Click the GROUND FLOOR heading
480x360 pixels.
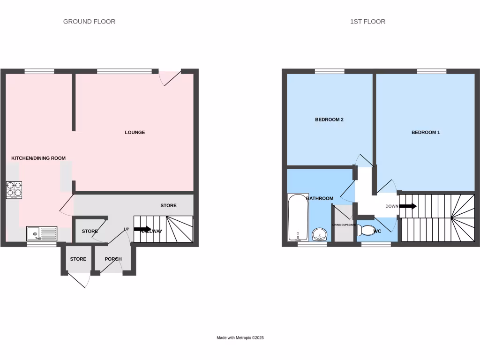pos(89,22)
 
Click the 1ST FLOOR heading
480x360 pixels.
pos(367,22)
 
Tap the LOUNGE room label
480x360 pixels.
pos(135,133)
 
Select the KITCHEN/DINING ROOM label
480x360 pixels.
pos(38,158)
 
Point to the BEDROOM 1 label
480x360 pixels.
pos(426,133)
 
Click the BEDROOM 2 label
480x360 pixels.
pos(329,120)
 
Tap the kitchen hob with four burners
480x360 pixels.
pos(14,189)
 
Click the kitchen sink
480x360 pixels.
pos(41,233)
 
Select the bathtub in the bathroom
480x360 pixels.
pos(298,218)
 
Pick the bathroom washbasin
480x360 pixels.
pos(320,234)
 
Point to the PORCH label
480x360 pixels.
pos(113,259)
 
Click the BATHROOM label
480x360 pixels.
pos(320,199)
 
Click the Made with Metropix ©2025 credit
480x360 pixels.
pos(240,337)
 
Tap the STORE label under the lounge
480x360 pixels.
pos(168,206)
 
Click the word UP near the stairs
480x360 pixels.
pos(127,229)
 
